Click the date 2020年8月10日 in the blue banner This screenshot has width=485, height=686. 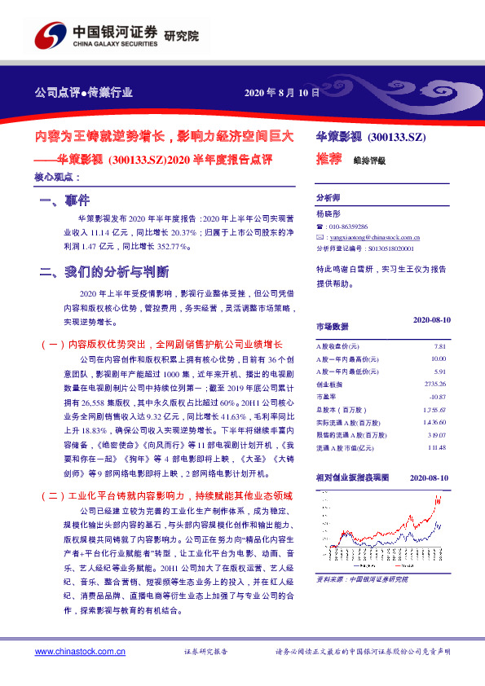coord(282,93)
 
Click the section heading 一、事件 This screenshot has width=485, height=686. coord(64,200)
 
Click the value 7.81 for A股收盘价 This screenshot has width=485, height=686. coord(439,346)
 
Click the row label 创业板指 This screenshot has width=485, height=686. coord(329,384)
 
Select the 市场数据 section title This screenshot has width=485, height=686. coord(332,326)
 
